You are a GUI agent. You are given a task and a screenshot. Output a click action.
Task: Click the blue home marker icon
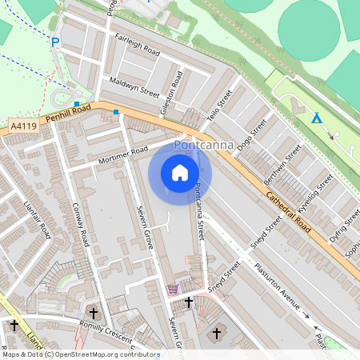click(180, 173)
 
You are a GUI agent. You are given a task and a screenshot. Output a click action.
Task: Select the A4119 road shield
click(24, 126)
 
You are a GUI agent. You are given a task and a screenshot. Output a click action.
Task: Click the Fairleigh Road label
click(138, 46)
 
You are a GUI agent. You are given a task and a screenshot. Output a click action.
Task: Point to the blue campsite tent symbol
click(317, 118)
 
